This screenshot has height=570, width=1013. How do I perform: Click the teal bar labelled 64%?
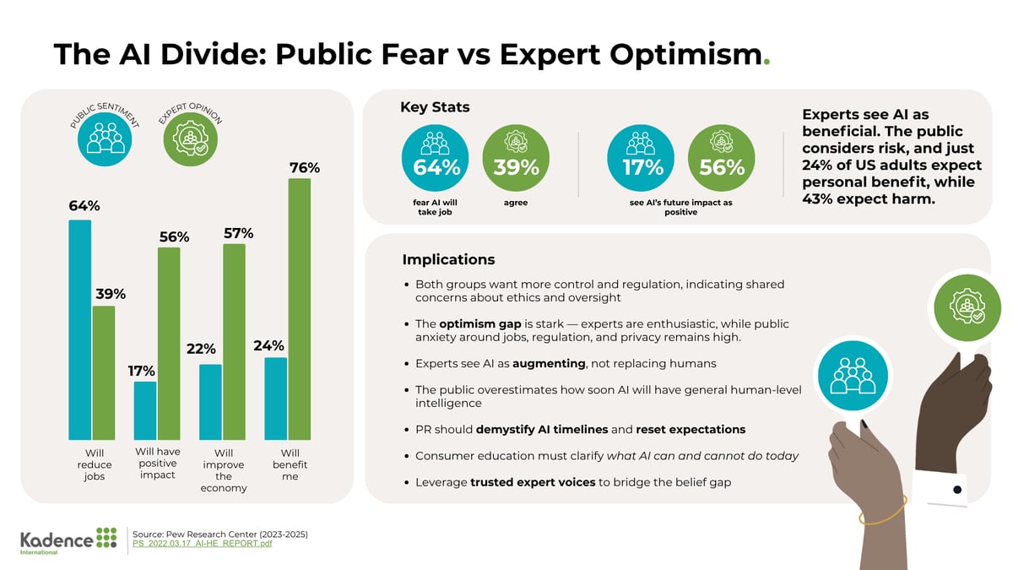[80, 329]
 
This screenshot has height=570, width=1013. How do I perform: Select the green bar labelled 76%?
[299, 308]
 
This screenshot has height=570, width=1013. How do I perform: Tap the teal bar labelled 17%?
[145, 410]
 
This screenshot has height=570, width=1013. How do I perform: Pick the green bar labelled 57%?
[234, 341]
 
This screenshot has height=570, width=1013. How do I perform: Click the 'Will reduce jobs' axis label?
[94, 464]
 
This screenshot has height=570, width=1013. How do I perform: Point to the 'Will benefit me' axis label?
[290, 464]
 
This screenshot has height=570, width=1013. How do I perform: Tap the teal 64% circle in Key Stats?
[436, 160]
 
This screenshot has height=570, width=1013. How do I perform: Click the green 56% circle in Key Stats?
[722, 160]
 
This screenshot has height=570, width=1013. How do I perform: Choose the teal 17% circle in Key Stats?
[643, 160]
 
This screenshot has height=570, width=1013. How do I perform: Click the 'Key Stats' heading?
[435, 107]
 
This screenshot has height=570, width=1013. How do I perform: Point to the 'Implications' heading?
[448, 259]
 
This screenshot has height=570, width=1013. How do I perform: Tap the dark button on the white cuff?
[957, 490]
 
